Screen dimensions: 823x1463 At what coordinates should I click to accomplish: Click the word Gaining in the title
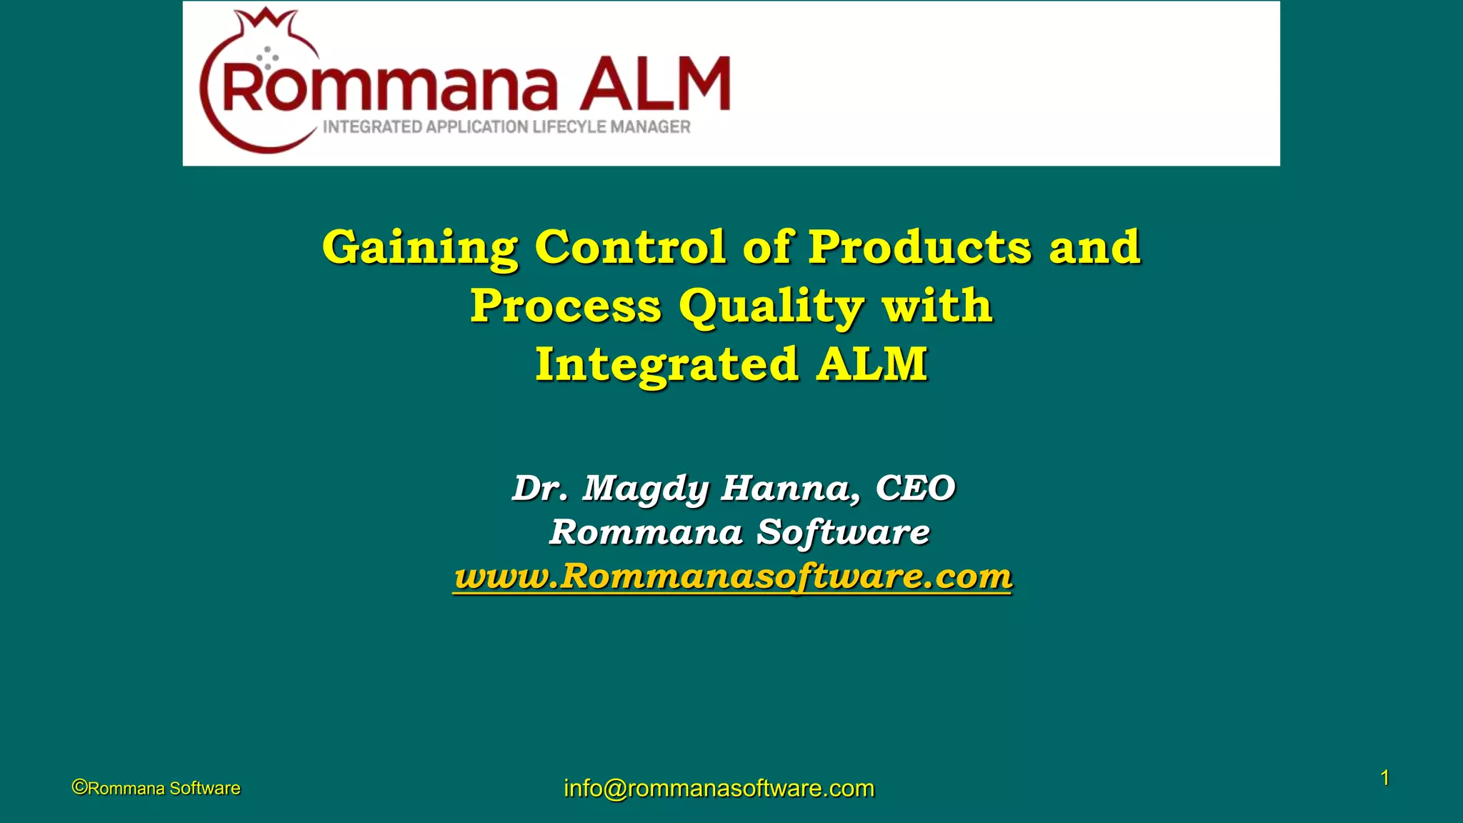[420, 248]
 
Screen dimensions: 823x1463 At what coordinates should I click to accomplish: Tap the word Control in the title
[630, 247]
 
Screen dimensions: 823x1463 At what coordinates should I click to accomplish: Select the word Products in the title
[920, 247]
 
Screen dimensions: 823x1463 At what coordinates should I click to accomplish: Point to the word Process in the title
[566, 306]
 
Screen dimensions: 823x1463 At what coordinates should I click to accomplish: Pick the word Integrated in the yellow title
[666, 364]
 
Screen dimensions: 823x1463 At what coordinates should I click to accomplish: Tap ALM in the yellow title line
[872, 364]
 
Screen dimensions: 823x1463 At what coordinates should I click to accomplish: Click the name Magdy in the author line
[646, 489]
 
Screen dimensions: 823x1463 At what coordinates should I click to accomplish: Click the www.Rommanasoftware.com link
[733, 576]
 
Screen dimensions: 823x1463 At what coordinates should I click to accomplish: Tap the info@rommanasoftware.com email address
[719, 788]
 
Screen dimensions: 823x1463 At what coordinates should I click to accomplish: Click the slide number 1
[1384, 778]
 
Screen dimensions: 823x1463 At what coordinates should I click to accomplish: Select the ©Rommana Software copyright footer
[156, 788]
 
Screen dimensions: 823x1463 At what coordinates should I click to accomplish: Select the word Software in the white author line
[843, 532]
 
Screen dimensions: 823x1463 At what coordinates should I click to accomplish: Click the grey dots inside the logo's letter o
[267, 57]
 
